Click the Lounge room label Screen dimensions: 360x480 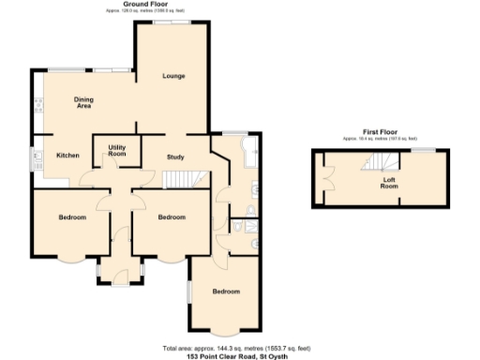pos(173,75)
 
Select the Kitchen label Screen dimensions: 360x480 pos(67,155)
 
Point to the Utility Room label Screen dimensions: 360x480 pos(117,151)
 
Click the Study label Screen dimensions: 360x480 pos(175,157)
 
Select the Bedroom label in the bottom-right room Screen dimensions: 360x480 pos(225,292)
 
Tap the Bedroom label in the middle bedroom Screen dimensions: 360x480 pos(171,217)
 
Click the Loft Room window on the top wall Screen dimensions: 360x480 pos(426,150)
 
